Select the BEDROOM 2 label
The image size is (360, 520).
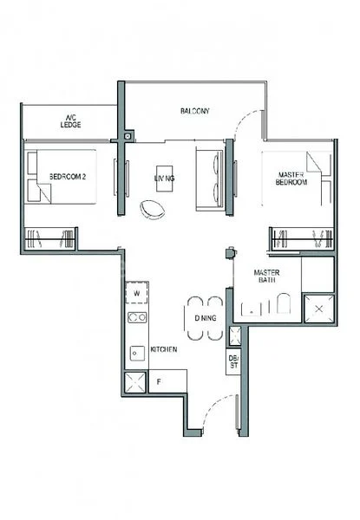point(66,177)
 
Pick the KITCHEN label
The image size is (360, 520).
point(164,348)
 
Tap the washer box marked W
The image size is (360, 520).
point(137,294)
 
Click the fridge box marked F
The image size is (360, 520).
point(158,379)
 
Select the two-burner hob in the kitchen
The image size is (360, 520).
point(137,318)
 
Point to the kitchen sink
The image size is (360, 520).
point(136,352)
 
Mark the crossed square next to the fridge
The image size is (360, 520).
point(136,382)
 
